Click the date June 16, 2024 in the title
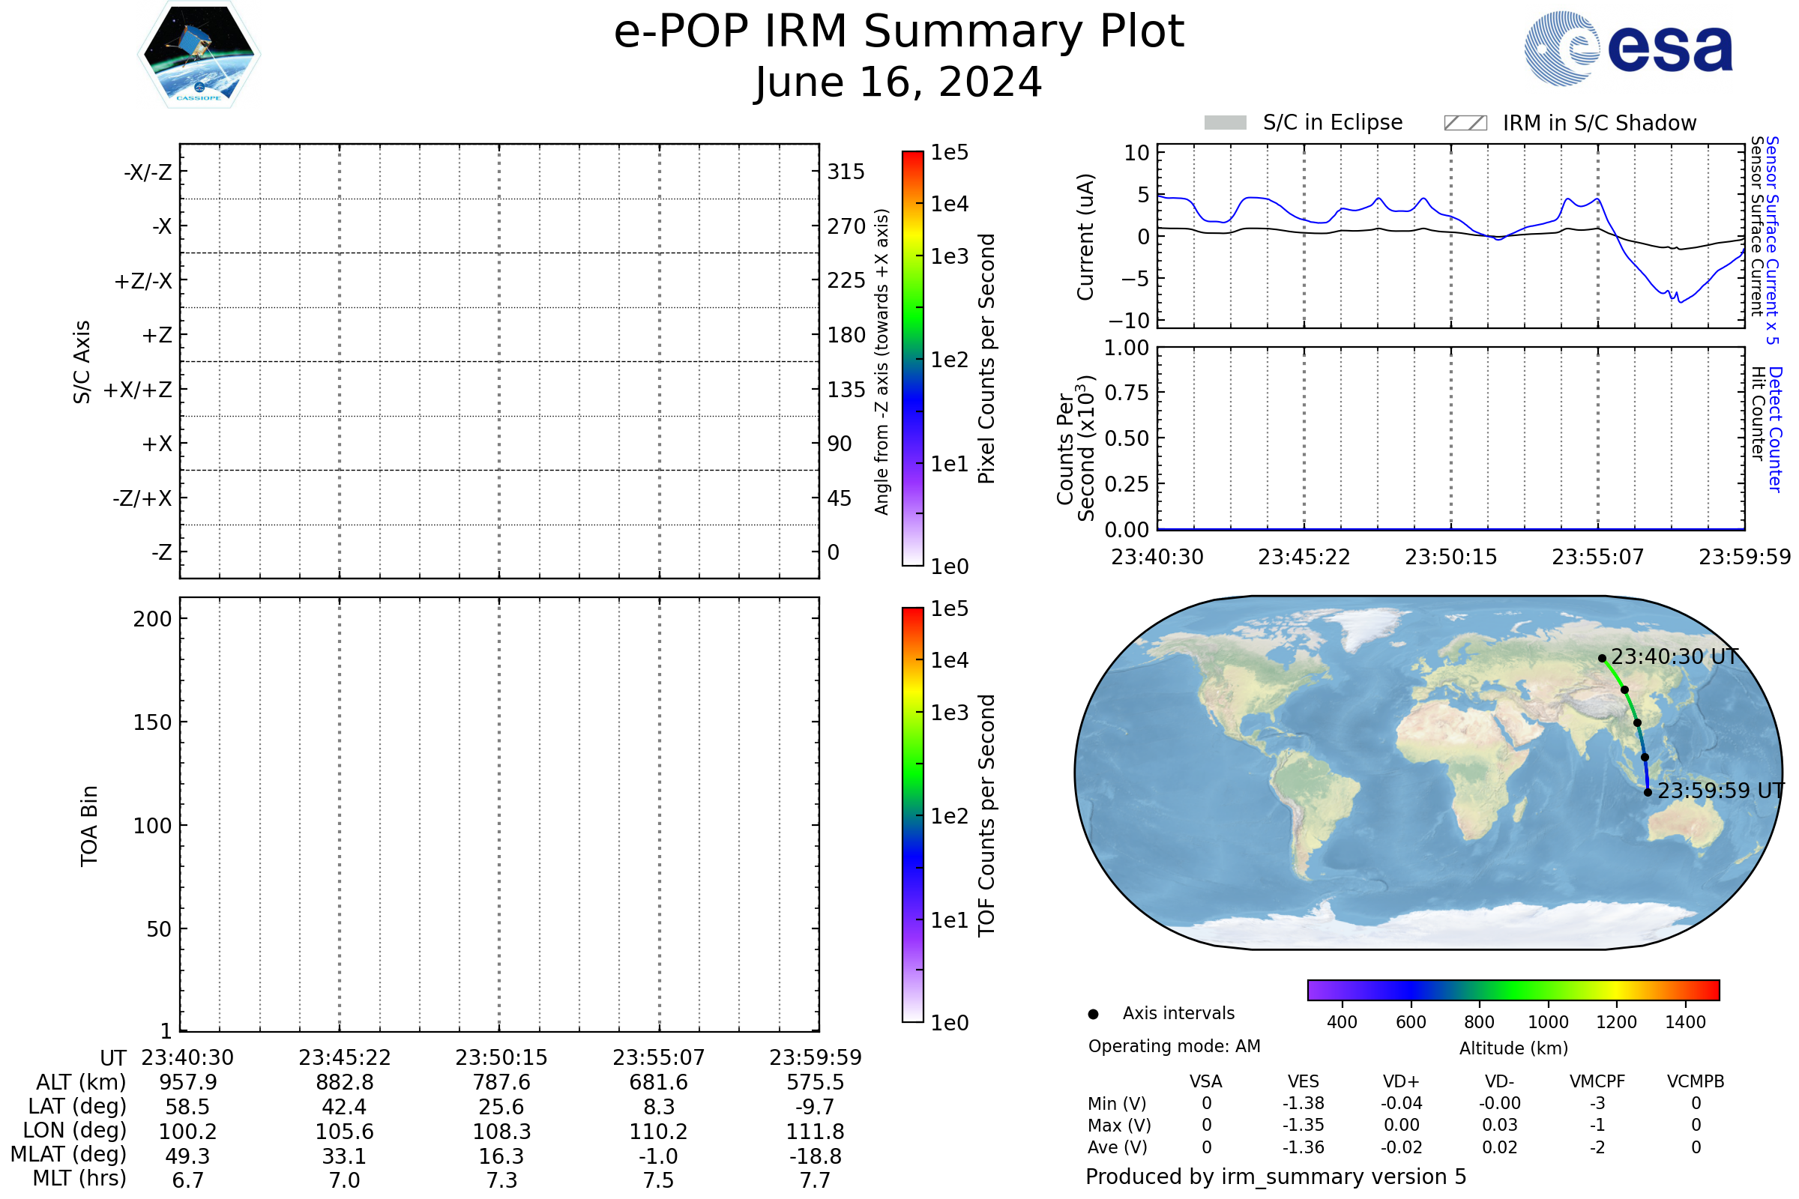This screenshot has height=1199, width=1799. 898,82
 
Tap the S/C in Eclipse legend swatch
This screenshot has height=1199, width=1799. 1225,123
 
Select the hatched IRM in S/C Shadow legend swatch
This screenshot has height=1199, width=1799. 1465,123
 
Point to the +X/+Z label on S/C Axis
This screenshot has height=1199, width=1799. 138,390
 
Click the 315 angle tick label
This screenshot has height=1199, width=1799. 846,172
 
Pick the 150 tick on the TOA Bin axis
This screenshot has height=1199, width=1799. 152,722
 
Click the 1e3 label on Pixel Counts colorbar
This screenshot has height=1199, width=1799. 949,257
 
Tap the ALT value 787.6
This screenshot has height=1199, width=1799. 501,1083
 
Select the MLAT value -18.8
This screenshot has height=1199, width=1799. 816,1156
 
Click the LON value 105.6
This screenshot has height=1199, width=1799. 345,1132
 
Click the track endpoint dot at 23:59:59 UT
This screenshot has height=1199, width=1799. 1648,792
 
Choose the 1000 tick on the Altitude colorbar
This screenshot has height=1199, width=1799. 1548,1022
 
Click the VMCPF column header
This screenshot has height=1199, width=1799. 1597,1082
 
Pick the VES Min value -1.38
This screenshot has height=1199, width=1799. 1304,1103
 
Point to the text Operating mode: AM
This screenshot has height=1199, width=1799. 1174,1046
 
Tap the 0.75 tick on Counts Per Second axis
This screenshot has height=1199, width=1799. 1126,393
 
